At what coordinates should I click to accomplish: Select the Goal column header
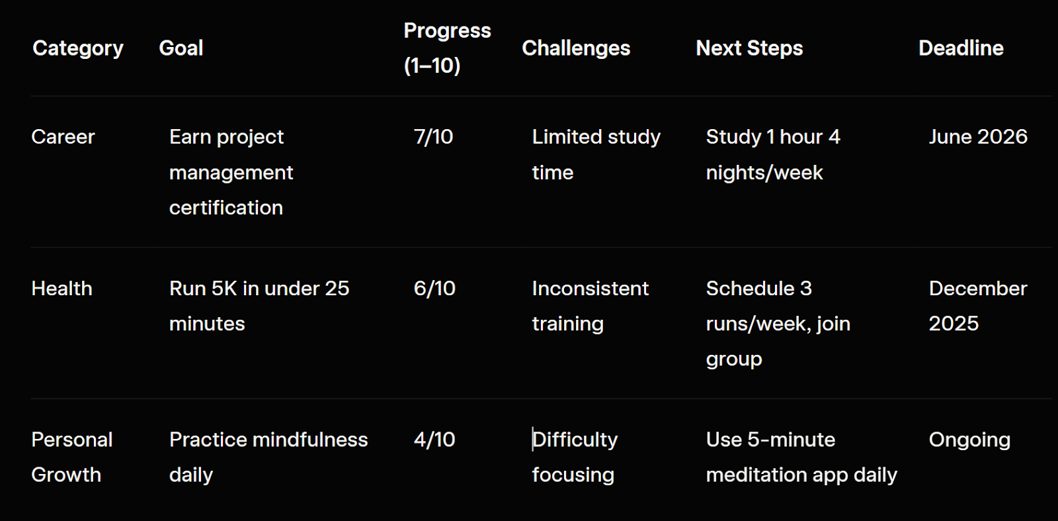coord(181,48)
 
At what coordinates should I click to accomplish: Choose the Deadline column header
coord(961,48)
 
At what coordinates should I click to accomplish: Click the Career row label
coord(63,137)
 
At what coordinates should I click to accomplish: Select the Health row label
coord(61,289)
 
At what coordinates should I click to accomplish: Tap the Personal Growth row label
coord(72,457)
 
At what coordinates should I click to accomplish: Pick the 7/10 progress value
coord(433,137)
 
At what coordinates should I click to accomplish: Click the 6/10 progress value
coord(434,289)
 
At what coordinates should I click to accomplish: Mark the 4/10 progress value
coord(434,440)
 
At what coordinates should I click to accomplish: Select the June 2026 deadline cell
coord(978,137)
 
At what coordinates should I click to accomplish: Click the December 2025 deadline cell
coord(978,306)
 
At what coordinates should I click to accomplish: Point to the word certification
coord(225,208)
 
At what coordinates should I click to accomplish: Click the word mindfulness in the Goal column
coord(310,440)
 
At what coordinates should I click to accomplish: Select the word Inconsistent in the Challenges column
coord(590,289)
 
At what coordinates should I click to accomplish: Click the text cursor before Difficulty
coord(533,440)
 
